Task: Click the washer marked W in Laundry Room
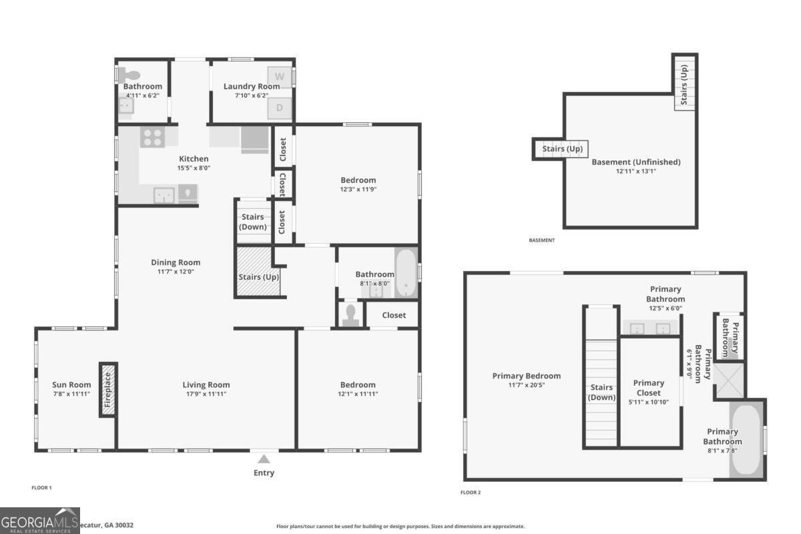tap(280, 77)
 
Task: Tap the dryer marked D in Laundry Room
tap(280, 108)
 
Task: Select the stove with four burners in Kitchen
tap(153, 137)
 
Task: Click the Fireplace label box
tap(108, 390)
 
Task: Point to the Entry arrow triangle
tap(264, 459)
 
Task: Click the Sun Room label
tap(71, 384)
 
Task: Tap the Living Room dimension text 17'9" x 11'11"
tap(206, 394)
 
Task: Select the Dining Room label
tap(176, 262)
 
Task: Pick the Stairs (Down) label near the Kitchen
tap(253, 222)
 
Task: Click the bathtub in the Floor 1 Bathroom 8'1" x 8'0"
tap(406, 272)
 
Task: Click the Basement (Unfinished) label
tap(636, 162)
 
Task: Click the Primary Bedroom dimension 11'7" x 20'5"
tap(527, 385)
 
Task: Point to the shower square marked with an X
tap(728, 380)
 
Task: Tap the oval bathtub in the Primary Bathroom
tap(746, 441)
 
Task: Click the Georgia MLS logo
tap(40, 521)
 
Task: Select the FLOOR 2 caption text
tap(471, 493)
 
